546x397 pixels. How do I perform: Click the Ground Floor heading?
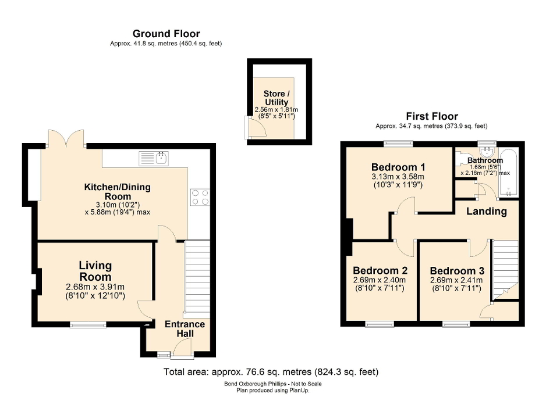tap(166, 34)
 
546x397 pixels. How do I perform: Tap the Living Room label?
tap(95, 271)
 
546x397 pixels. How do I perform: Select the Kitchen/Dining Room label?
tap(117, 191)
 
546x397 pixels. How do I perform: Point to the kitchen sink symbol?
tap(154, 158)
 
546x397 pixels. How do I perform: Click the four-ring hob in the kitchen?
tap(200, 198)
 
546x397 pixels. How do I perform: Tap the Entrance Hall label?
tap(185, 329)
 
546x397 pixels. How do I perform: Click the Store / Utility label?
tap(276, 98)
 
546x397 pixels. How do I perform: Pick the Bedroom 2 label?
tap(380, 271)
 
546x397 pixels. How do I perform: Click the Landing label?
tap(486, 211)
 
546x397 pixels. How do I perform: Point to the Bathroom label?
tap(484, 160)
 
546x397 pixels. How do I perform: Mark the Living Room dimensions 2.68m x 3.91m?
tap(95, 287)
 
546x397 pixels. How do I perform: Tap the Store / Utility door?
tap(255, 128)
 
